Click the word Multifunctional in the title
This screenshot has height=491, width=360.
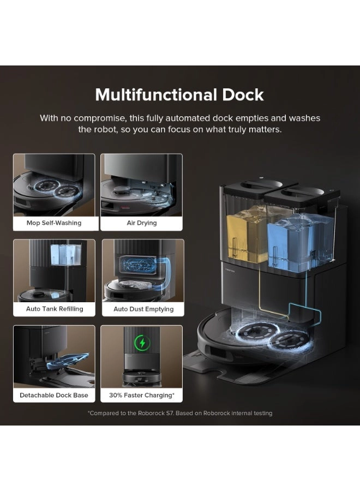(x=156, y=94)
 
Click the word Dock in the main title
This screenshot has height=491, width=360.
(x=243, y=94)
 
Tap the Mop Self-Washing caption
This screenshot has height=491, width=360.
(x=54, y=223)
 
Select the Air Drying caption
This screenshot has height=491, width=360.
(x=141, y=223)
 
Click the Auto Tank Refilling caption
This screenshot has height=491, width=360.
(x=55, y=309)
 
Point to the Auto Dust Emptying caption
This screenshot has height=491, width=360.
(x=143, y=309)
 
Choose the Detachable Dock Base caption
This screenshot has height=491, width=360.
(x=54, y=395)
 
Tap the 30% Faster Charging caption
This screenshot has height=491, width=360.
(x=141, y=395)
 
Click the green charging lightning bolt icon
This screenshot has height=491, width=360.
(x=142, y=343)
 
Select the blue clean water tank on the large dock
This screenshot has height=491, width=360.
(x=299, y=242)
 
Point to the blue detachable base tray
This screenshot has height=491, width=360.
(x=67, y=361)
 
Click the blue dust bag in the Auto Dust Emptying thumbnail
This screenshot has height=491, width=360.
(x=138, y=265)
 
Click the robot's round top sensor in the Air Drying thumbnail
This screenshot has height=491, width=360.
(x=122, y=189)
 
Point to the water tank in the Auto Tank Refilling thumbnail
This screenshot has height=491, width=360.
(x=66, y=254)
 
